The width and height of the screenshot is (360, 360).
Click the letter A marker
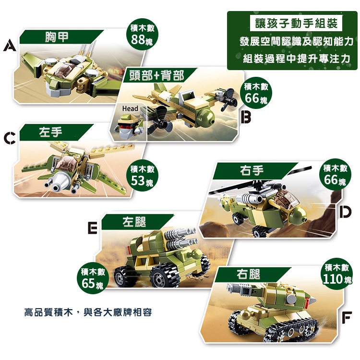(x=10, y=45)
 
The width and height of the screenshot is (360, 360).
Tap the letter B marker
(x=246, y=117)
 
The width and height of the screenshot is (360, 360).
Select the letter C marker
(x=10, y=138)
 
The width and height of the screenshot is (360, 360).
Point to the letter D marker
(x=345, y=212)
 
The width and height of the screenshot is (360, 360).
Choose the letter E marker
(x=93, y=228)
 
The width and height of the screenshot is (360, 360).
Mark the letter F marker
(x=347, y=318)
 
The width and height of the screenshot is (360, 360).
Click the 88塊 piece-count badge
(x=142, y=35)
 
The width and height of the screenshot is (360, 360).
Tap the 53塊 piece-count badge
(x=143, y=175)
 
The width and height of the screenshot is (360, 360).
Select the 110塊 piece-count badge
(x=336, y=274)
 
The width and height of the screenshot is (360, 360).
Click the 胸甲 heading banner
(x=61, y=37)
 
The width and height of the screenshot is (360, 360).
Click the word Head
(x=130, y=108)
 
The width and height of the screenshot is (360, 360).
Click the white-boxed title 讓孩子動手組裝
(x=296, y=23)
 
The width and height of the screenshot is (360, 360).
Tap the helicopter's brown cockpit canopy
(x=287, y=199)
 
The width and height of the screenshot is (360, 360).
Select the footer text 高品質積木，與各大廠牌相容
(x=88, y=312)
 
